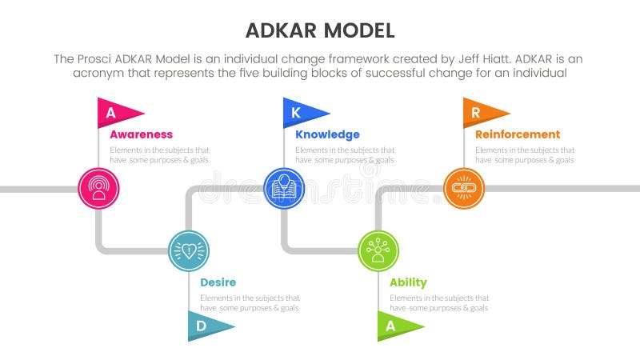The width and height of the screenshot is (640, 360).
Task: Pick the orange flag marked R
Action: (479, 112)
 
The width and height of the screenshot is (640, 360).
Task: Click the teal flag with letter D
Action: (206, 326)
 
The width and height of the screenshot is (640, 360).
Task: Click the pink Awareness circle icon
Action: (98, 189)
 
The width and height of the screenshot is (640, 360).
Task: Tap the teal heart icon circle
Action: (189, 251)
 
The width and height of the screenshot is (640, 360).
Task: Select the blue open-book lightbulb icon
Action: (284, 189)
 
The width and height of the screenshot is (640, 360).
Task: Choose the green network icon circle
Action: (378, 251)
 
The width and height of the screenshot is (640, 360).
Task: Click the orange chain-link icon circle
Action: (464, 189)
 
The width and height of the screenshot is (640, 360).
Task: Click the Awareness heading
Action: (141, 134)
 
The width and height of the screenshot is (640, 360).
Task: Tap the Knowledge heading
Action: (327, 134)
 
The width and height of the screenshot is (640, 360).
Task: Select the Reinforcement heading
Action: (518, 134)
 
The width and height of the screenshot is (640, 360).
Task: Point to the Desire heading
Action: (218, 282)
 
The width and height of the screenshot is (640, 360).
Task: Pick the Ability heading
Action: (408, 282)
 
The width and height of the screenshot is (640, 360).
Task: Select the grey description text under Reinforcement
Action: (524, 154)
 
